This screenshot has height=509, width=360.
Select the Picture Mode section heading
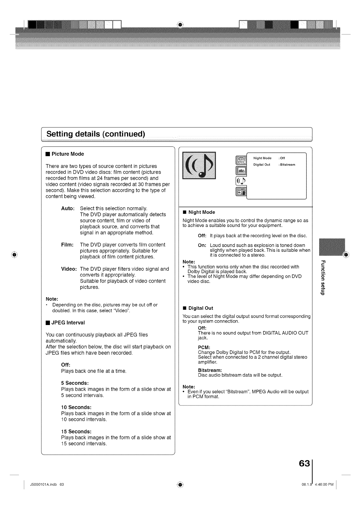(67, 154)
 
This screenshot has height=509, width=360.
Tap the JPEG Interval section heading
(68, 323)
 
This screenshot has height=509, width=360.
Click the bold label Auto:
(68, 209)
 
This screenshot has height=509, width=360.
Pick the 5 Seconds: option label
(75, 383)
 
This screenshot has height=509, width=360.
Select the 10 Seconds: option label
(76, 407)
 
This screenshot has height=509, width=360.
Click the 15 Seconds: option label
(76, 431)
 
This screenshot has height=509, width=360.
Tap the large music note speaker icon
(199, 165)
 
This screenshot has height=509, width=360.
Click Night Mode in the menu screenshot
(262, 158)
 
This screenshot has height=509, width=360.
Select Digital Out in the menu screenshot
(262, 165)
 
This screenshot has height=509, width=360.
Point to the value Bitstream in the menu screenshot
(287, 165)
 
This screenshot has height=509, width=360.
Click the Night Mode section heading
(201, 212)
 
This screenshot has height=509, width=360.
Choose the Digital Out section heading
(201, 308)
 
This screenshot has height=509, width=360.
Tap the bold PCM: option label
(204, 347)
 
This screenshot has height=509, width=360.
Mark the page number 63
(304, 464)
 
